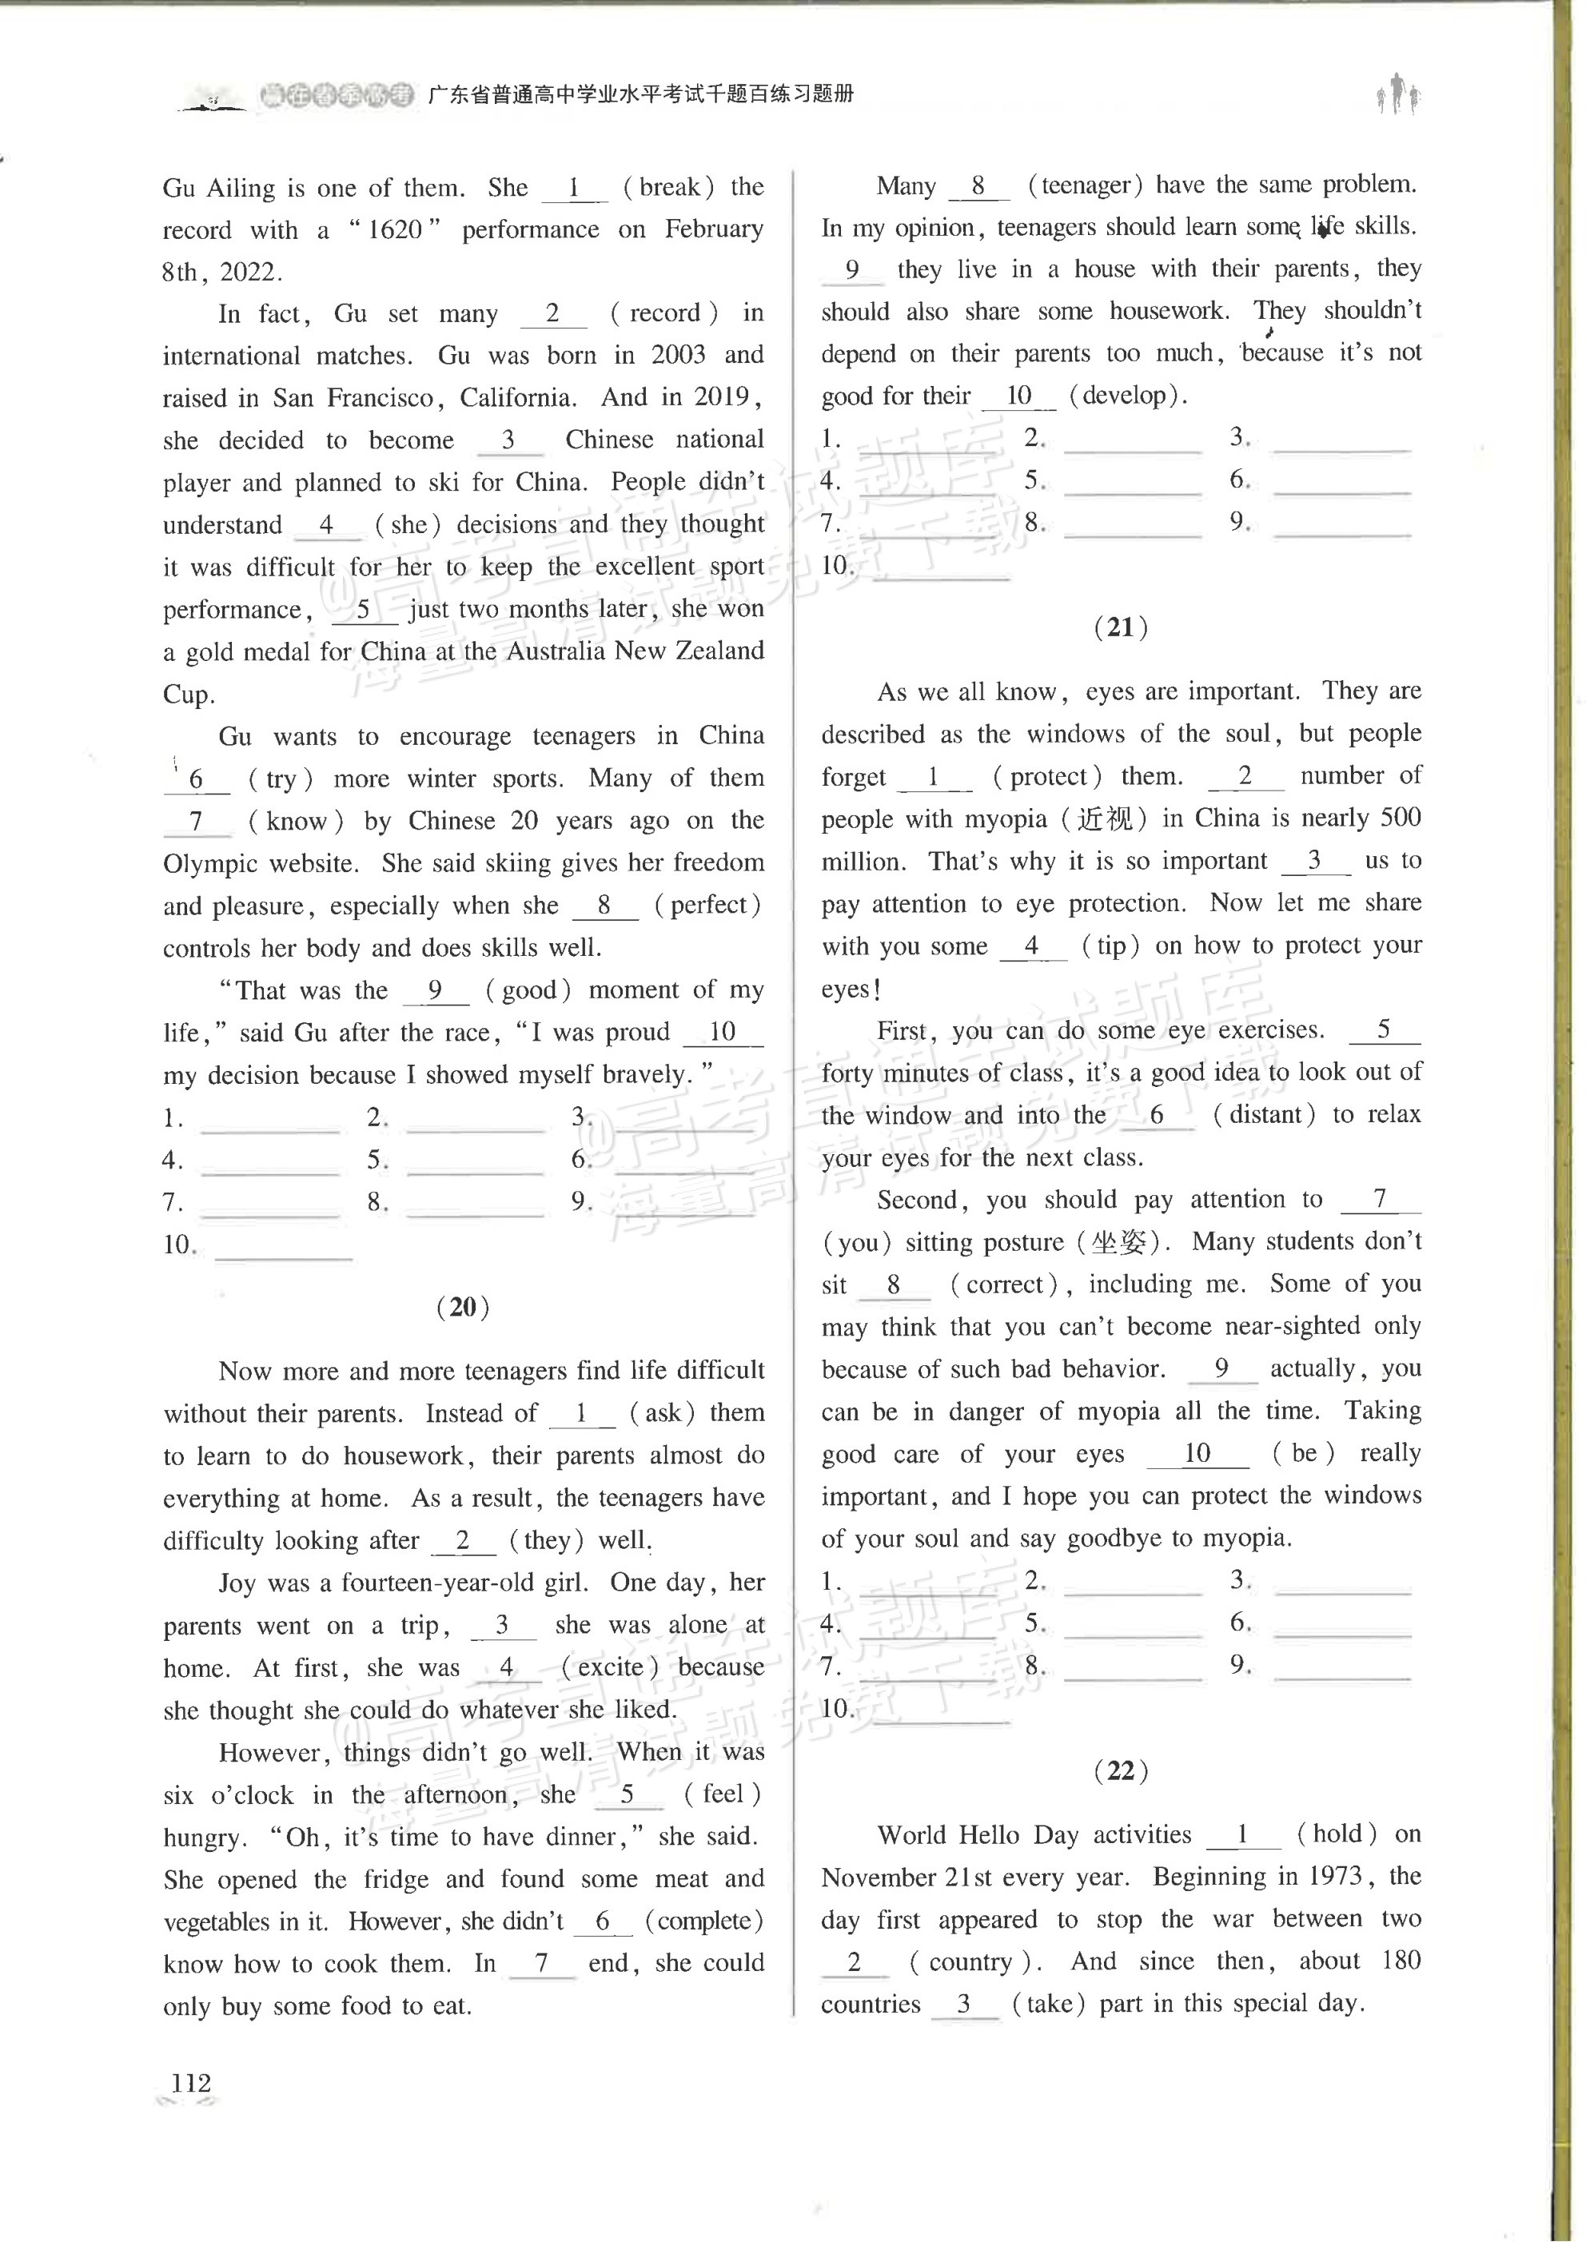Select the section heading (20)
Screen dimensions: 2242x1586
click(463, 1307)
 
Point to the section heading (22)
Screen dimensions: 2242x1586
click(1120, 1770)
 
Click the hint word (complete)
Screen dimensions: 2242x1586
click(704, 1921)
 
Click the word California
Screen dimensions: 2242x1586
click(517, 397)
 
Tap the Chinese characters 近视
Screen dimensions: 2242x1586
click(1105, 818)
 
